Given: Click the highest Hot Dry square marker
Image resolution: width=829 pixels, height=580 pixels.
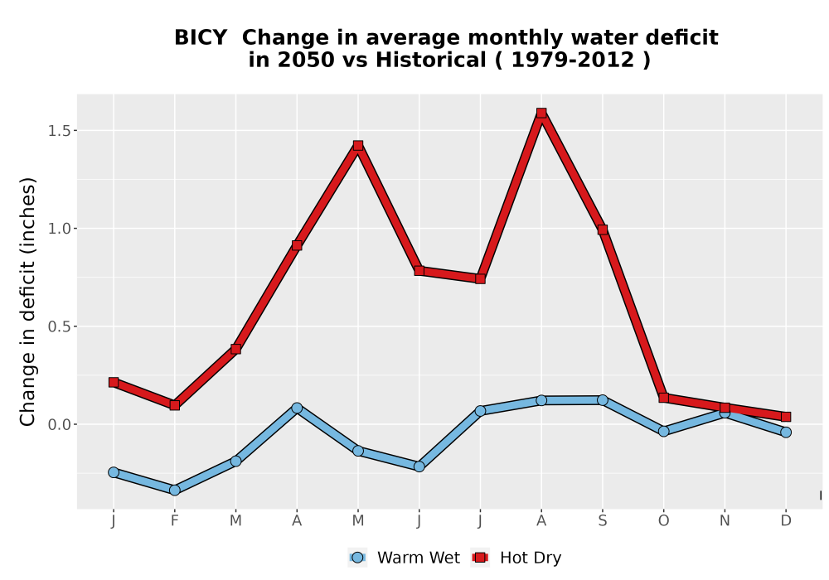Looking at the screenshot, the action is [541, 113].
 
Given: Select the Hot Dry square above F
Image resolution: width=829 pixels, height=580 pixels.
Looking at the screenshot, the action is [174, 405].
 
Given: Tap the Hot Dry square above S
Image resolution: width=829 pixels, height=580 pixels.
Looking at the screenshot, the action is [602, 230].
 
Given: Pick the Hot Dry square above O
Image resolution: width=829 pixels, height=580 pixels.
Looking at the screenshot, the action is [663, 398].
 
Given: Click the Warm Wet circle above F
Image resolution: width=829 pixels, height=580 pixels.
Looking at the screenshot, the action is [174, 491].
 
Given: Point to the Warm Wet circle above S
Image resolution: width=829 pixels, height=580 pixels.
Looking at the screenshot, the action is [602, 400].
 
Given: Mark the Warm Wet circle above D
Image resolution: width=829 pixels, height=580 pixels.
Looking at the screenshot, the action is [786, 432].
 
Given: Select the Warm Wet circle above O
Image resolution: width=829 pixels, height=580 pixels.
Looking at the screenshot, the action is [663, 432].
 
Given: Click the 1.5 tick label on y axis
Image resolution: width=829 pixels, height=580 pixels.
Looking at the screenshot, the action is [59, 131].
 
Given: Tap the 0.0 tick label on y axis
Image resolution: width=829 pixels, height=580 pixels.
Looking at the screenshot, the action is [59, 425].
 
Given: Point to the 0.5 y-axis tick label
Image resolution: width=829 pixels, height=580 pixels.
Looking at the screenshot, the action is [59, 327].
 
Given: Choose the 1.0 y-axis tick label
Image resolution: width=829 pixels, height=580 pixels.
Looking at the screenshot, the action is [59, 229].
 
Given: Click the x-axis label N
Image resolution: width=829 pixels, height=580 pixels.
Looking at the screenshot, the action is [725, 521].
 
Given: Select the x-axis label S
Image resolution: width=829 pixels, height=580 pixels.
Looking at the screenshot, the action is [602, 521].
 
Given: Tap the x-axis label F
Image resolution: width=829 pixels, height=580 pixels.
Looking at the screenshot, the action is [174, 521].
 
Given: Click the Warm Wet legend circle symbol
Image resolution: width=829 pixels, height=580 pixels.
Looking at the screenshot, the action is [357, 558].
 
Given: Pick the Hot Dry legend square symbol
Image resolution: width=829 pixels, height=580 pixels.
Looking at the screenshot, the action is [480, 558].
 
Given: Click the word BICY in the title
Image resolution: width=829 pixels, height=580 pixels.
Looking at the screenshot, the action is [201, 38].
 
